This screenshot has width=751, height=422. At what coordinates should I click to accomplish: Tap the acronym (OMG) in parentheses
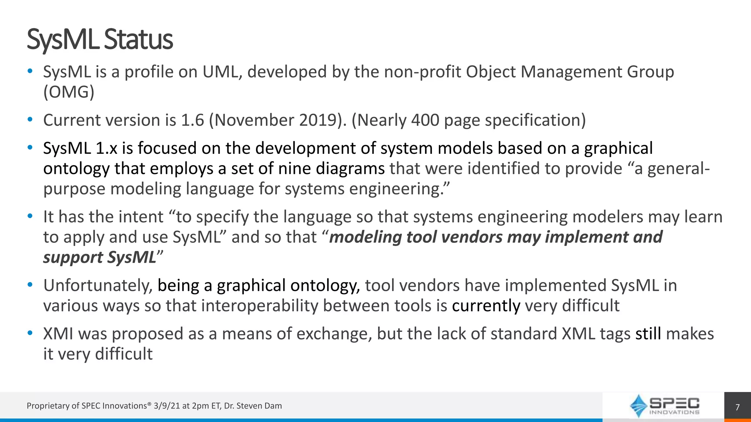69,92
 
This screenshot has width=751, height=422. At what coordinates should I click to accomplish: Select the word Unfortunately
98,285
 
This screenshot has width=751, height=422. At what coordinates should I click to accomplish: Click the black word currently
486,306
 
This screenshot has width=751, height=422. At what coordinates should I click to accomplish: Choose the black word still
648,334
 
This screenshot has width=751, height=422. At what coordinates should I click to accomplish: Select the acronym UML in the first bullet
222,72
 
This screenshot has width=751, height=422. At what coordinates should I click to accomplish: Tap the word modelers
608,217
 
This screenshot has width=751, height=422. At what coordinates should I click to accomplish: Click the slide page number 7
737,407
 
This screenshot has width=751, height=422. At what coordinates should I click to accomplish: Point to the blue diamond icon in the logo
638,406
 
